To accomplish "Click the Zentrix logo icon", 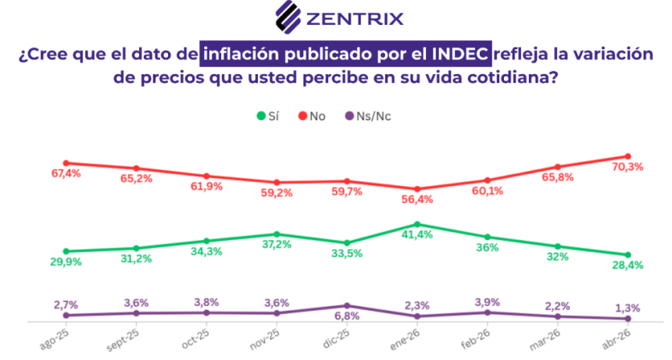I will [290, 16].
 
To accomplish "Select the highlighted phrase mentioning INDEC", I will [346, 55].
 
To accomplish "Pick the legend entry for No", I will [312, 116].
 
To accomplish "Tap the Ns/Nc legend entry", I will [368, 116].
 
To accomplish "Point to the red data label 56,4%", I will [416, 200].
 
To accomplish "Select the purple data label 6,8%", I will [347, 315].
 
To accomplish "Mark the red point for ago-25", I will [66, 162].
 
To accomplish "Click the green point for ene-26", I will [417, 224].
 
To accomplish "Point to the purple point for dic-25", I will [347, 305].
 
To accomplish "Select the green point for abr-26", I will [627, 255].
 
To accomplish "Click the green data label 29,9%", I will [66, 262].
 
